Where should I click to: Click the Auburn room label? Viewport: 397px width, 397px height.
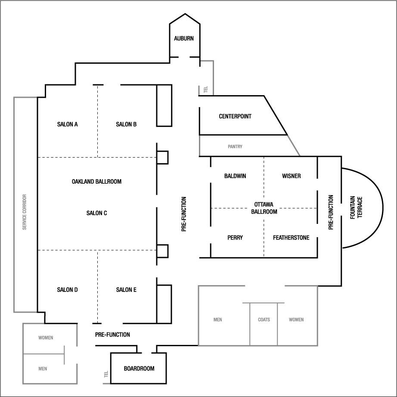(x=184, y=38)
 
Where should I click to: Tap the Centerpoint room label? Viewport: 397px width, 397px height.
(x=235, y=116)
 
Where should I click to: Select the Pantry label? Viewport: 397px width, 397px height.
(x=235, y=147)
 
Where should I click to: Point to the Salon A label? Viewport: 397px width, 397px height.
(x=67, y=124)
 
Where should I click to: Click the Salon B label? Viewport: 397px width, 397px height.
(x=126, y=124)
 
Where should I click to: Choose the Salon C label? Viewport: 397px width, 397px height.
(x=96, y=213)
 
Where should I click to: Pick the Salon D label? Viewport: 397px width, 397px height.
(x=67, y=290)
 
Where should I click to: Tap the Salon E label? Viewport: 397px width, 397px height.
(x=126, y=290)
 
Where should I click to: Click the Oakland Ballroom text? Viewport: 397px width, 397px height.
(x=96, y=182)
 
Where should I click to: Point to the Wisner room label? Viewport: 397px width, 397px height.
(x=291, y=176)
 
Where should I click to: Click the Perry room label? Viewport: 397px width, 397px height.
(x=235, y=238)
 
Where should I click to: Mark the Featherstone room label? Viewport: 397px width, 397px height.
(x=291, y=238)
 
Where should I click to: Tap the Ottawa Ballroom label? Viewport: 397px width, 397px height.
(x=264, y=208)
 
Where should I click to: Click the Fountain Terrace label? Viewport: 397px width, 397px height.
(x=356, y=208)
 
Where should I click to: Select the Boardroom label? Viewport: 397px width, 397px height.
(x=139, y=369)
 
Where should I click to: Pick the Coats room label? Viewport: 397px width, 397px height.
(x=264, y=320)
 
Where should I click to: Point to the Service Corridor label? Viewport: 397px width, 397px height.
(x=25, y=212)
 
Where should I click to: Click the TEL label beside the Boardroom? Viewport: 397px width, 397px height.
(x=105, y=375)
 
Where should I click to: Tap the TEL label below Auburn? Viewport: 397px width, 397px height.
(x=206, y=90)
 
